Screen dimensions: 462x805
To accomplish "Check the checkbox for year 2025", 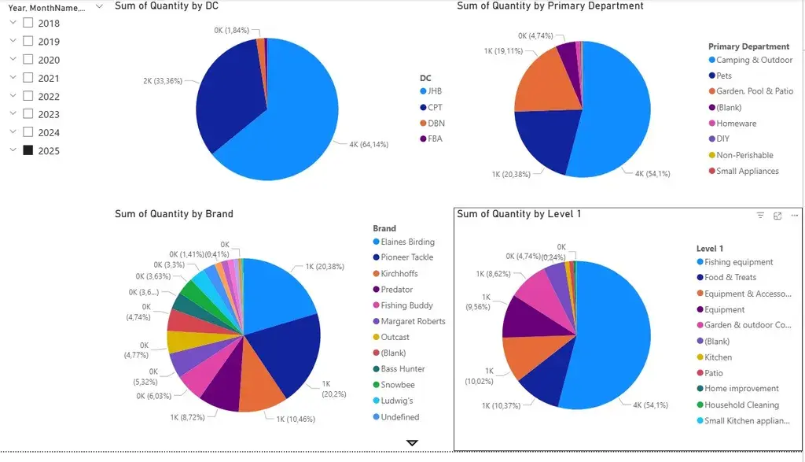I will pos(28,150).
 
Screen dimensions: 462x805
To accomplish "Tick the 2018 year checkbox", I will pos(28,23).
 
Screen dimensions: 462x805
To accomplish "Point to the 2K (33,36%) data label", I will pos(162,81).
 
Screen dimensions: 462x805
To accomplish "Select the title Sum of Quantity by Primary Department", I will pos(550,6).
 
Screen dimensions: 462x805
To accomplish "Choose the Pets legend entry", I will pos(723,76).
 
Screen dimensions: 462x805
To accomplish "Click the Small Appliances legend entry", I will pos(747,171).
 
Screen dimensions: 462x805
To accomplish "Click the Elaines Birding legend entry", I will pos(407,242).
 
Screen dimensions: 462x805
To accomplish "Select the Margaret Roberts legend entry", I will pos(413,321).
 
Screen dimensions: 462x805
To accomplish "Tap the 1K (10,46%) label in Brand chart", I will pos(295,419).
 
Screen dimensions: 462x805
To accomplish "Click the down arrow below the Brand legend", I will pos(412,443).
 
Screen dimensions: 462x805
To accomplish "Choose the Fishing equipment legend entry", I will pos(738,262).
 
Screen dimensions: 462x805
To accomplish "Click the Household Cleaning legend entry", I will pos(741,405).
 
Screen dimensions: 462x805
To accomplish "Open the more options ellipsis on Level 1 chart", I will pos(795,215).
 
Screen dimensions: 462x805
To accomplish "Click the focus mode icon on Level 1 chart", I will pos(777,215).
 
